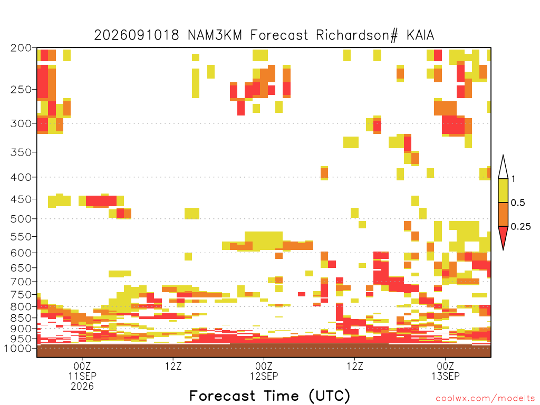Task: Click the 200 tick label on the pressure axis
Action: click(21, 48)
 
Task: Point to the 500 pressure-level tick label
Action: click(21, 219)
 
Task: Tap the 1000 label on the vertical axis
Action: click(17, 348)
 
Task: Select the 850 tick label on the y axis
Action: click(21, 317)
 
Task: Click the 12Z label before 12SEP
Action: click(173, 366)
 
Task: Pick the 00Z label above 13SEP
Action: click(445, 366)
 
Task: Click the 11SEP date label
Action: click(82, 376)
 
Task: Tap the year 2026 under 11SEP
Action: click(82, 387)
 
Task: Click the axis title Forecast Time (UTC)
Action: click(269, 396)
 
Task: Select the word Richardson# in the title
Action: click(357, 35)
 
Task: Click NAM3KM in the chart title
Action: click(215, 35)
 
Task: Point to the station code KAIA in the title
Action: click(420, 35)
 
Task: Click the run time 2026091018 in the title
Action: click(137, 35)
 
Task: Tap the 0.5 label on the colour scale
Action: click(518, 202)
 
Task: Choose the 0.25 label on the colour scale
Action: click(520, 226)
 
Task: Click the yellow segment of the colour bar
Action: click(503, 190)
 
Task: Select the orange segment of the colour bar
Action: click(503, 214)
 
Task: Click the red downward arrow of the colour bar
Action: click(503, 236)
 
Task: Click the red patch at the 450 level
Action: click(101, 201)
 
